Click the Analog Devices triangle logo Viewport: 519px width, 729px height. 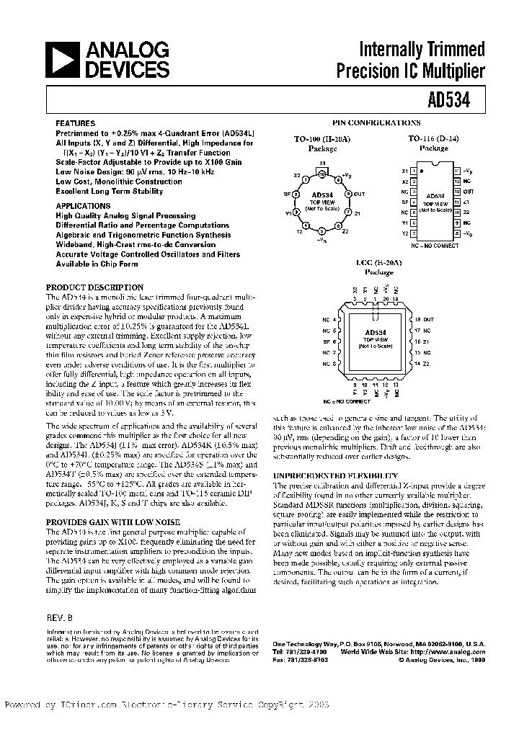tap(63, 60)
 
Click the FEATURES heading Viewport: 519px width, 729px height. tap(75, 124)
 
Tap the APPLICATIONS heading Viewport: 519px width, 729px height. tap(84, 205)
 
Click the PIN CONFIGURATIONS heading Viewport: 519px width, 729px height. tap(376, 123)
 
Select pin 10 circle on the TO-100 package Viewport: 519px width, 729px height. tap(322, 174)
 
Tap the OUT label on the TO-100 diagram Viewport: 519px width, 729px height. tap(360, 194)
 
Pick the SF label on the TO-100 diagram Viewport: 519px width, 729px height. tap(287, 194)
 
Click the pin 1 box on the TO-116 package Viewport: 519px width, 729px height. tap(413, 171)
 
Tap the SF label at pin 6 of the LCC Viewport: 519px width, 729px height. tap(327, 341)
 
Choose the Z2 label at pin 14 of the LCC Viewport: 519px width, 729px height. tap(426, 364)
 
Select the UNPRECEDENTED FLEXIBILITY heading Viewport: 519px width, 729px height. tap(334, 476)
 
